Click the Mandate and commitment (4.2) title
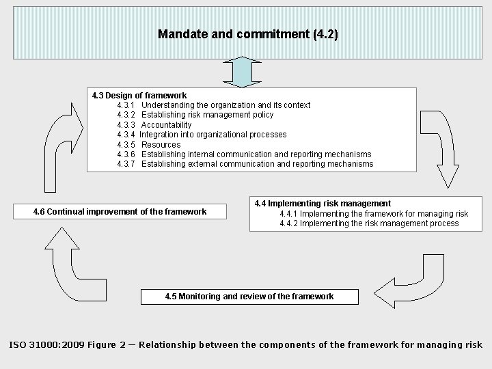(247, 33)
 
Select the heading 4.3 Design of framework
(139, 95)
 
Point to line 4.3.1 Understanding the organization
(213, 105)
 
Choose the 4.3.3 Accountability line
(154, 125)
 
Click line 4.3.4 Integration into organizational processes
(202, 135)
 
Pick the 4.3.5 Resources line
(149, 144)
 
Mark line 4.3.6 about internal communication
(244, 154)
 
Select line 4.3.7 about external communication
(245, 164)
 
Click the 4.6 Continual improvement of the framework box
(120, 212)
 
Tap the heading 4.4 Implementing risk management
(323, 203)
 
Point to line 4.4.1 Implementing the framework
(374, 213)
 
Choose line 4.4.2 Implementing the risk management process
(369, 223)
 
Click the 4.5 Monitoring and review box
(249, 297)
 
